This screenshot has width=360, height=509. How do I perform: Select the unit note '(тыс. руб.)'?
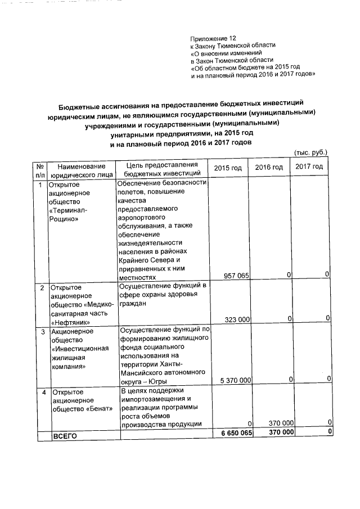[x=310, y=152]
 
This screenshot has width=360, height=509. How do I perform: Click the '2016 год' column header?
[x=269, y=168]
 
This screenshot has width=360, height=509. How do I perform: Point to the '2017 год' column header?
[x=309, y=168]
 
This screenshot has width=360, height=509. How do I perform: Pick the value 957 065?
[x=237, y=276]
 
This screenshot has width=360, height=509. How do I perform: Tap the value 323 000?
[x=237, y=319]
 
